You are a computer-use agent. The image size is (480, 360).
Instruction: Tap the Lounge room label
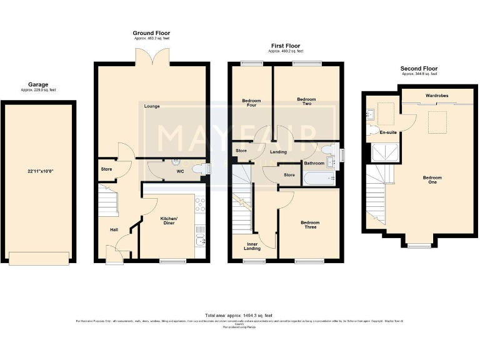(151, 106)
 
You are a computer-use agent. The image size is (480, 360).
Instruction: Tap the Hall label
(114, 230)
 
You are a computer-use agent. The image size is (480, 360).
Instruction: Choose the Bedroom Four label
(251, 103)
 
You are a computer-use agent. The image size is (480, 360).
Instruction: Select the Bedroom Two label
(306, 102)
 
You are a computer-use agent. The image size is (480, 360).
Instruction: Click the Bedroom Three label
(309, 224)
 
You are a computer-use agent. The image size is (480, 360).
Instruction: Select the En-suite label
(388, 132)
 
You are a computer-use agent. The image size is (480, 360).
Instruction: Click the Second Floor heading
(419, 69)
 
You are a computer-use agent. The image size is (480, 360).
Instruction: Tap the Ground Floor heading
(151, 33)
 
